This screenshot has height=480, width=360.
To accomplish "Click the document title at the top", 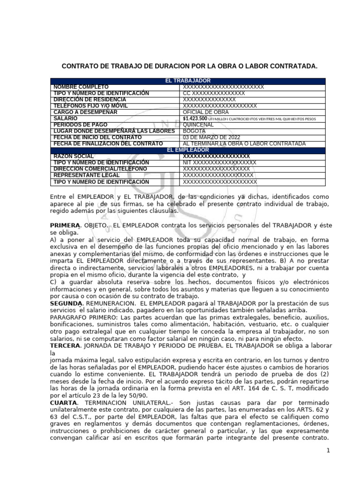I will [190, 67].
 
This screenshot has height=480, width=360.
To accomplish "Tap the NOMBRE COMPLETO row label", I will [81, 87].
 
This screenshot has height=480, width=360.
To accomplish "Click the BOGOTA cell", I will [195, 131].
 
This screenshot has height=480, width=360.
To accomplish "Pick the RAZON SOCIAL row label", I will [74, 156].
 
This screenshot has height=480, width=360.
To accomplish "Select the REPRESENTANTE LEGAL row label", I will [87, 175].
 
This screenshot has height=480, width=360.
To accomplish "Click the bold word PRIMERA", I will [65, 225].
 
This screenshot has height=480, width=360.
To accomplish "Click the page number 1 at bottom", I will [329, 450].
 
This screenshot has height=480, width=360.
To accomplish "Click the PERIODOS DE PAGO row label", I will [81, 125].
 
